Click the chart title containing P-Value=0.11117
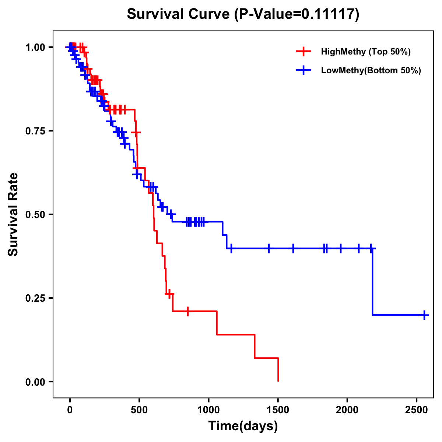(x=243, y=14)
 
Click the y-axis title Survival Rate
(x=13, y=214)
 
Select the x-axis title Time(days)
(x=243, y=426)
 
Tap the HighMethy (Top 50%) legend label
(x=366, y=52)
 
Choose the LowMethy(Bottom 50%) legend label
(x=371, y=71)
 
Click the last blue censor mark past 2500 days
(x=424, y=315)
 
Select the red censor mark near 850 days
(x=188, y=312)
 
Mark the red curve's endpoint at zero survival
(x=278, y=381)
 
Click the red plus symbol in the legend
(x=304, y=52)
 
